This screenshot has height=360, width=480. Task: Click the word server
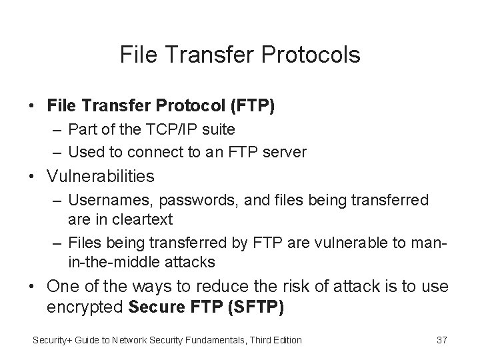click(284, 152)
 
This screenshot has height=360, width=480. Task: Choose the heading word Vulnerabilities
click(101, 177)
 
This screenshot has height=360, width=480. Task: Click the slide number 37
click(441, 340)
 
